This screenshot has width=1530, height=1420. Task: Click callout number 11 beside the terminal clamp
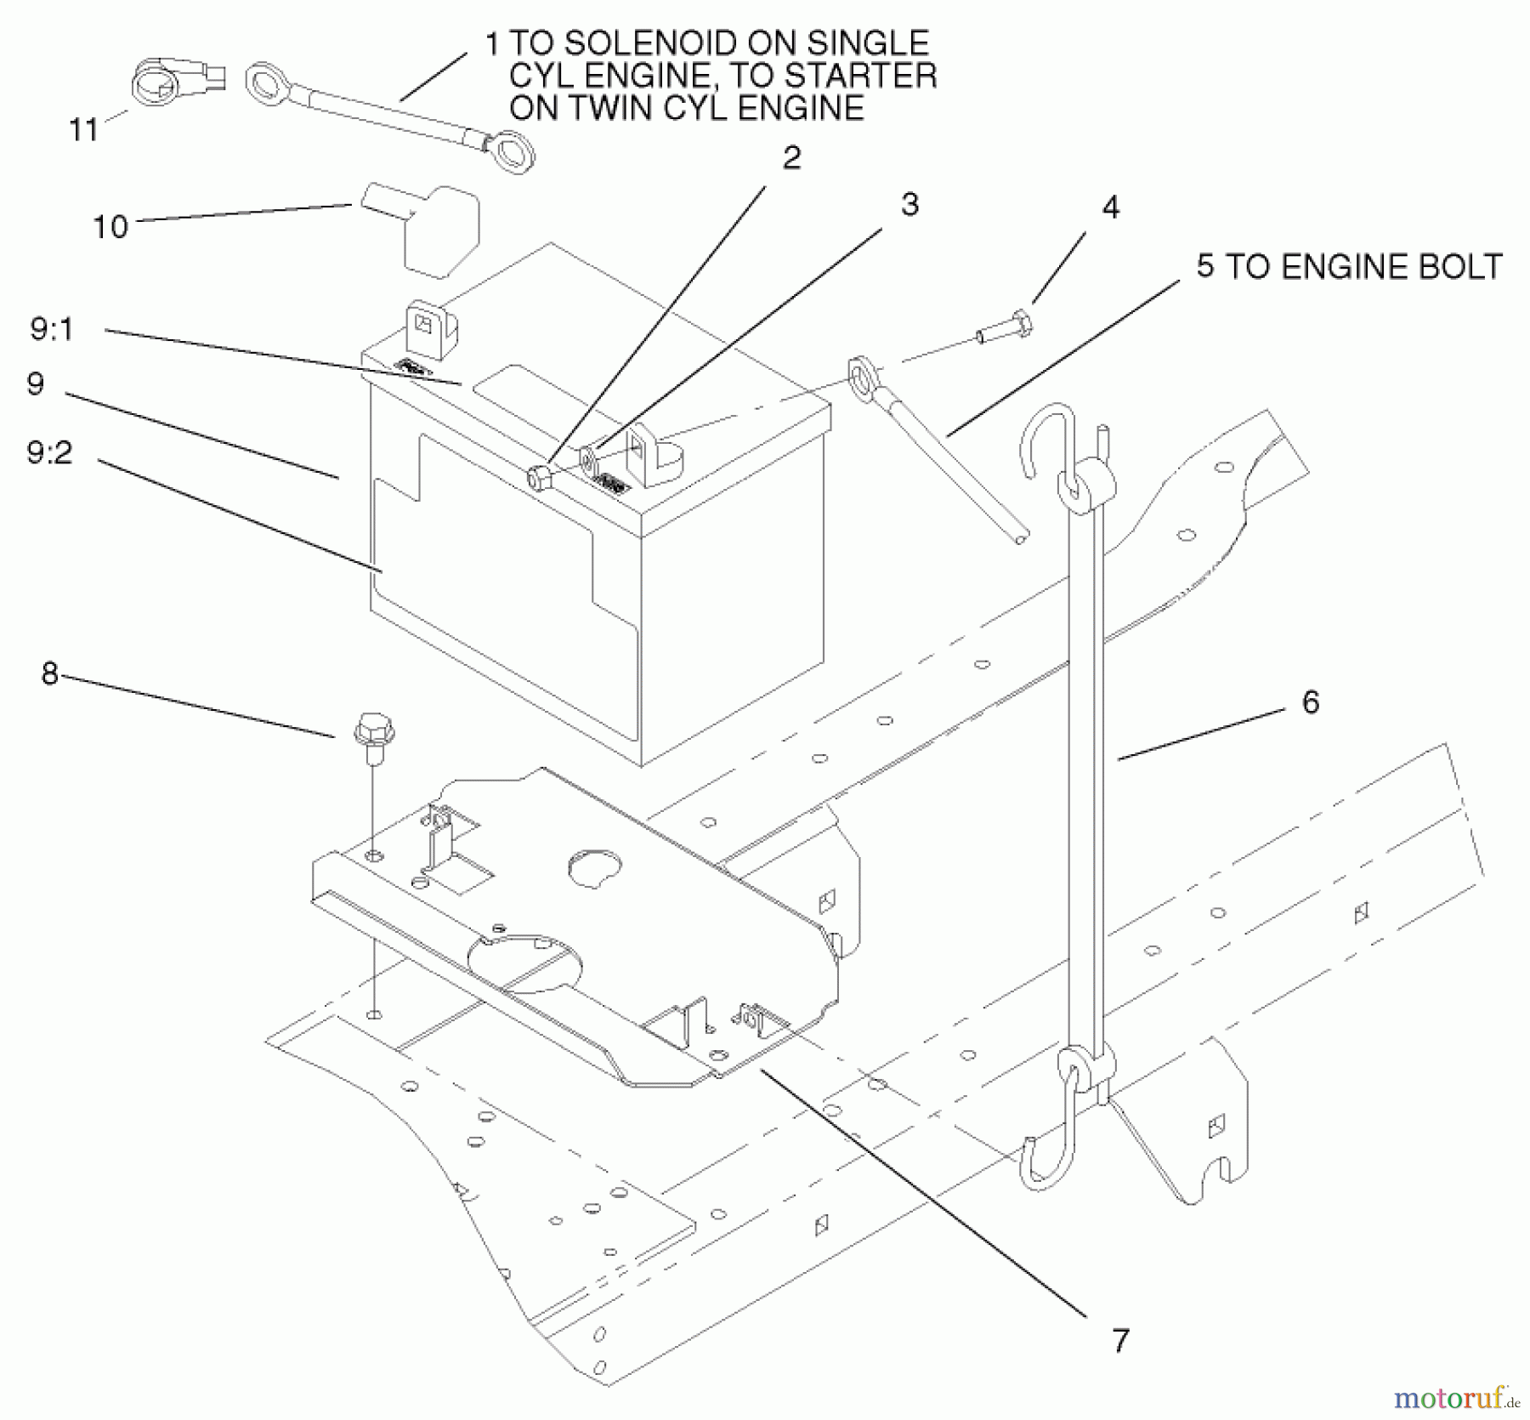pyautogui.click(x=83, y=130)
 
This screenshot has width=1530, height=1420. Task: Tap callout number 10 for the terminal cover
pyautogui.click(x=110, y=227)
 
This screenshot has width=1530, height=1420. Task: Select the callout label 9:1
pyautogui.click(x=52, y=330)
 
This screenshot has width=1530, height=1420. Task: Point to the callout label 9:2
pyautogui.click(x=49, y=452)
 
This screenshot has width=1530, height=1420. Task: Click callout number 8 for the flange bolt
pyautogui.click(x=49, y=674)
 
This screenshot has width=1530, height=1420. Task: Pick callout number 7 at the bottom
pyautogui.click(x=1120, y=1341)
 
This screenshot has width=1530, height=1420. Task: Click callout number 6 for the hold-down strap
pyautogui.click(x=1310, y=702)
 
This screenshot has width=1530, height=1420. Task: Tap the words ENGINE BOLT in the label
pyautogui.click(x=1391, y=267)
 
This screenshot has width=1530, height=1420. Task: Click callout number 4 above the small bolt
pyautogui.click(x=1110, y=207)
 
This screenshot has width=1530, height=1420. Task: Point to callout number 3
pyautogui.click(x=909, y=205)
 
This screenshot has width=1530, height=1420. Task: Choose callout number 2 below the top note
pyautogui.click(x=791, y=158)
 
